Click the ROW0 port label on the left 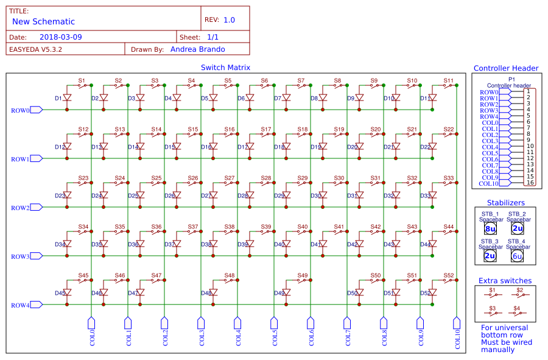pyautogui.click(x=20, y=110)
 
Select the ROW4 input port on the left pyautogui.click(x=20, y=305)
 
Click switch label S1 pyautogui.click(x=82, y=80)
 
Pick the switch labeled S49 pyautogui.click(x=303, y=280)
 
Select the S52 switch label pyautogui.click(x=449, y=275)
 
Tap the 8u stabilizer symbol pyautogui.click(x=490, y=229)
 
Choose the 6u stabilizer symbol pyautogui.click(x=518, y=256)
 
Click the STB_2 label pyautogui.click(x=517, y=214)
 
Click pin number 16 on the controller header pyautogui.click(x=530, y=183)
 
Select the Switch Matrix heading pyautogui.click(x=225, y=68)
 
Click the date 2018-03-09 pyautogui.click(x=61, y=37)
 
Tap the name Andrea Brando pyautogui.click(x=197, y=49)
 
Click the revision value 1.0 pyautogui.click(x=229, y=20)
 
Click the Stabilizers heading pyautogui.click(x=505, y=203)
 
